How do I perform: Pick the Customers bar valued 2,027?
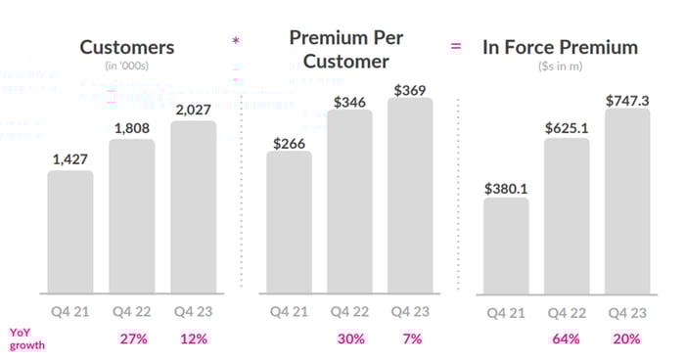(x=193, y=206)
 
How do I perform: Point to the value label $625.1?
(x=567, y=126)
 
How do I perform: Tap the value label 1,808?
(x=131, y=127)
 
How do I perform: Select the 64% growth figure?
(x=567, y=338)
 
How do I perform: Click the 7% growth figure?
(x=413, y=338)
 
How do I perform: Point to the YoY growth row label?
(x=27, y=338)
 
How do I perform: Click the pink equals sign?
(x=455, y=46)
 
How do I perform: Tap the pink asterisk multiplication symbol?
(x=235, y=41)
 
